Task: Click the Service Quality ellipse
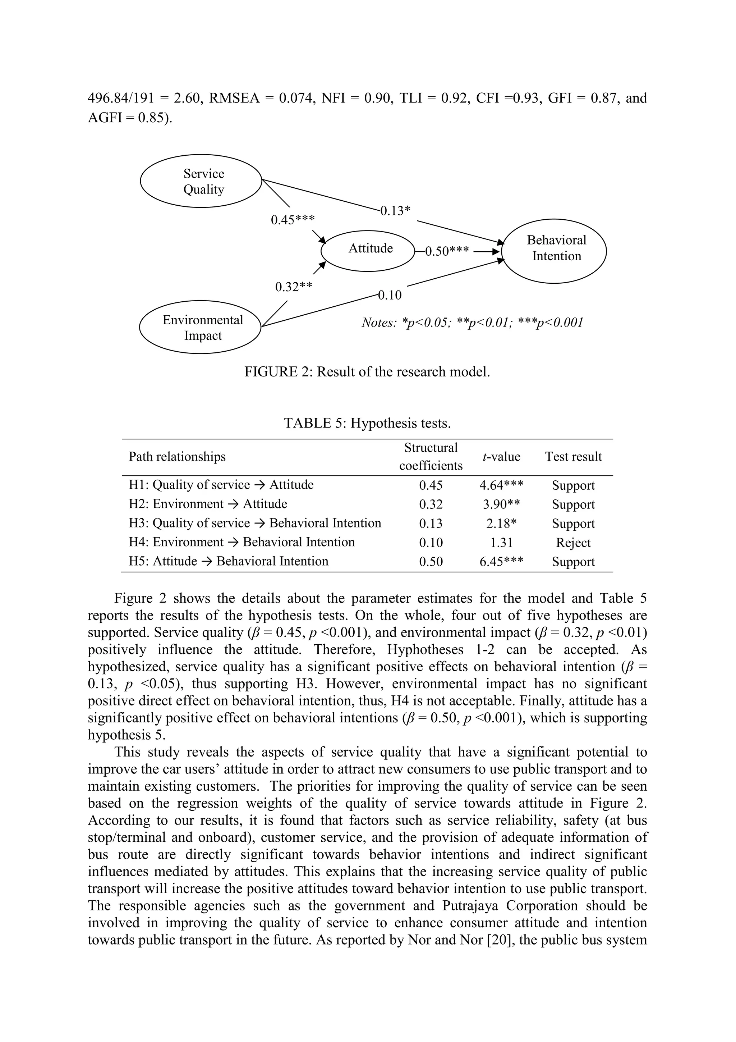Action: tap(201, 181)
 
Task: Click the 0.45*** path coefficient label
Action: tap(293, 220)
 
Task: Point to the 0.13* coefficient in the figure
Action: tap(395, 211)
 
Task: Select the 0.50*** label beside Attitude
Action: tap(447, 251)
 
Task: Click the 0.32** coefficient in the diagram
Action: tap(293, 287)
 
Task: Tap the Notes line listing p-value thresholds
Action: tap(471, 323)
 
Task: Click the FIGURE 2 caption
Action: tap(367, 372)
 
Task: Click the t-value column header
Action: tap(501, 457)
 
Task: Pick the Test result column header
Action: tap(573, 457)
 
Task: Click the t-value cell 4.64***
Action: tap(501, 485)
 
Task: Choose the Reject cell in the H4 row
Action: tap(573, 543)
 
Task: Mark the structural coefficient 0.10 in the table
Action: tap(431, 543)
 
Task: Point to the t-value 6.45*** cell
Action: tap(501, 562)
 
